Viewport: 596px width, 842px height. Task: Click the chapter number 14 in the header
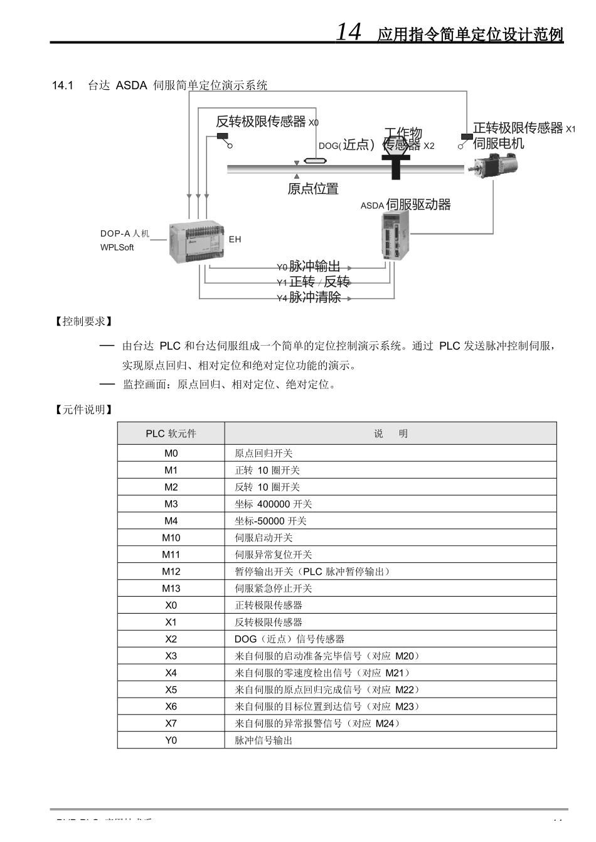click(x=349, y=31)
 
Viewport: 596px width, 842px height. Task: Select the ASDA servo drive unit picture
click(x=395, y=235)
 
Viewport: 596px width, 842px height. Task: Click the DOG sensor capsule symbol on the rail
click(x=317, y=161)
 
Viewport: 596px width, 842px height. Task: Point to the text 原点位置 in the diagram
click(x=313, y=189)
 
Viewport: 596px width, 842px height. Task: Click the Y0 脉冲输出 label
click(x=309, y=267)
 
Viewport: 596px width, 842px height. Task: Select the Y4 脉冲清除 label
click(x=309, y=297)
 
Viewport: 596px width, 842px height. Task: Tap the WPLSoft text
click(x=117, y=247)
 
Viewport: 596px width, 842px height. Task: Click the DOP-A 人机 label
click(x=125, y=233)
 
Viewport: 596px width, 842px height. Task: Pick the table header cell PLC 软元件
click(x=171, y=434)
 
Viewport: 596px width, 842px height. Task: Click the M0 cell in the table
click(x=171, y=453)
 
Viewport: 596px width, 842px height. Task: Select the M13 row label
click(x=171, y=588)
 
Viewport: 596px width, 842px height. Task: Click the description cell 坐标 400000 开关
click(x=274, y=504)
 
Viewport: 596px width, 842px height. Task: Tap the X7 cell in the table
click(x=171, y=723)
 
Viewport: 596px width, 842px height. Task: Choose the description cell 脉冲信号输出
click(x=263, y=740)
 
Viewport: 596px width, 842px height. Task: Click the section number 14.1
click(x=63, y=85)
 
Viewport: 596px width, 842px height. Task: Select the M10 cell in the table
click(x=171, y=538)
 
